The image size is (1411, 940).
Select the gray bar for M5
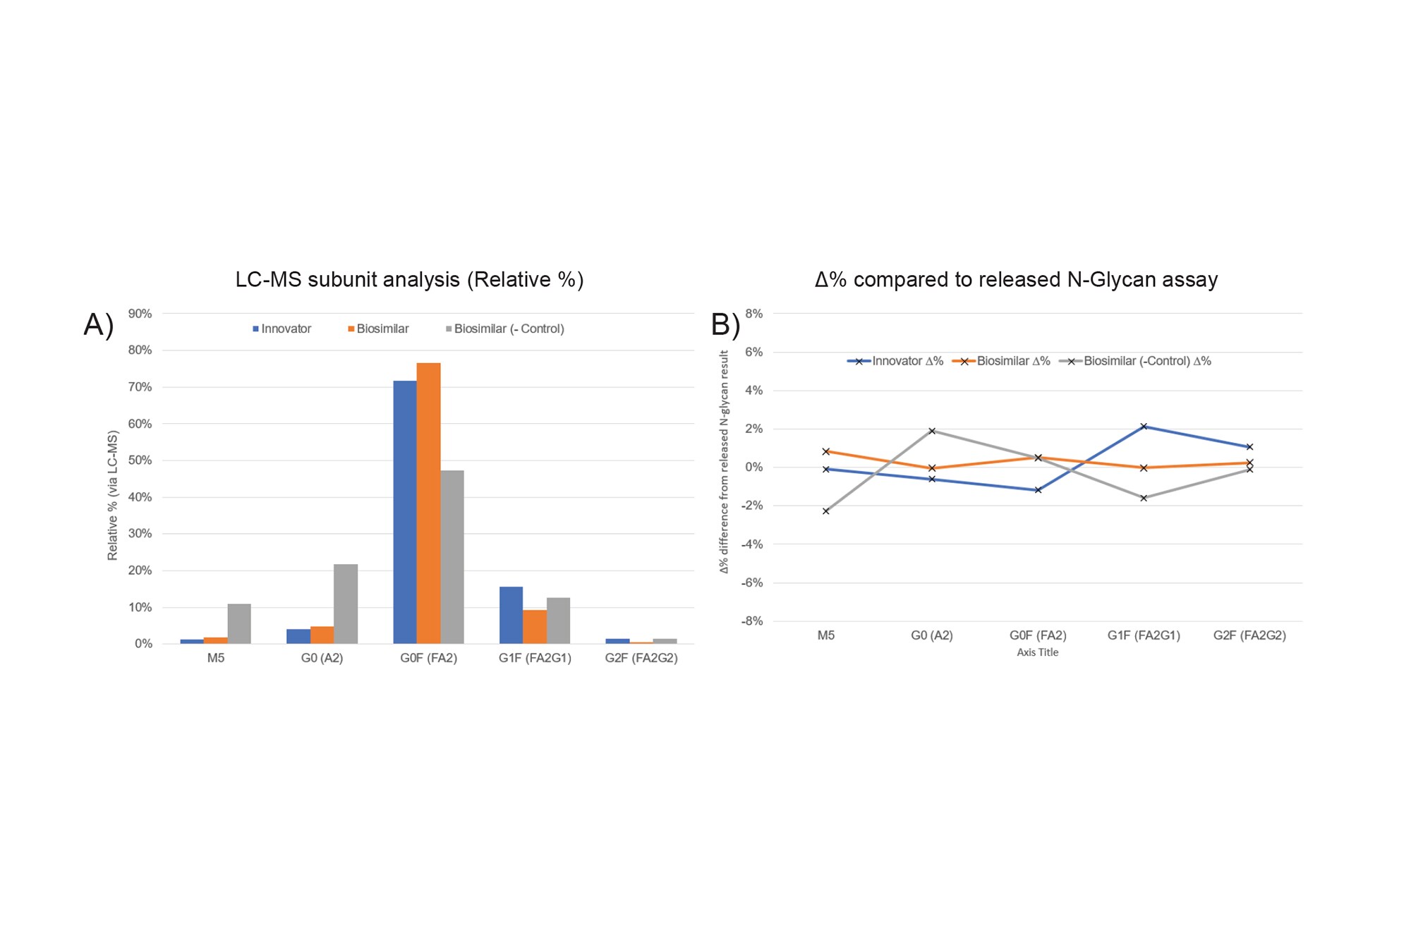coord(239,623)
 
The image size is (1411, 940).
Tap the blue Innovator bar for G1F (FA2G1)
coord(511,615)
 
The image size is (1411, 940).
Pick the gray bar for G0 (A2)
coord(346,604)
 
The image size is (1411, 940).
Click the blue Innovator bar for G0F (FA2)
coord(405,512)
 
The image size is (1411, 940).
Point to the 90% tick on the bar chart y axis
coord(140,314)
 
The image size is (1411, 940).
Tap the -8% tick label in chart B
coord(751,621)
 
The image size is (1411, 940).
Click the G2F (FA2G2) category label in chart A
coord(641,658)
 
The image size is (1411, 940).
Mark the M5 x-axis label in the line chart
coord(825,635)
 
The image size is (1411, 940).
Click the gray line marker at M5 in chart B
coord(825,511)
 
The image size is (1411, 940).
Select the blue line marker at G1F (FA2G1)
coord(1144,427)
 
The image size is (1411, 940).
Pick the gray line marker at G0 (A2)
coord(932,431)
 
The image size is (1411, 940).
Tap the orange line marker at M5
coord(825,451)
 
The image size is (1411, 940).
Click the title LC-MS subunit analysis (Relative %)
coord(409,280)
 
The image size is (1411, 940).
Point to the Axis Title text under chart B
coord(1037,652)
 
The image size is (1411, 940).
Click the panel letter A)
coord(99,325)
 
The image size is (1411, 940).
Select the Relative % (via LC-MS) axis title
coord(112,495)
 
